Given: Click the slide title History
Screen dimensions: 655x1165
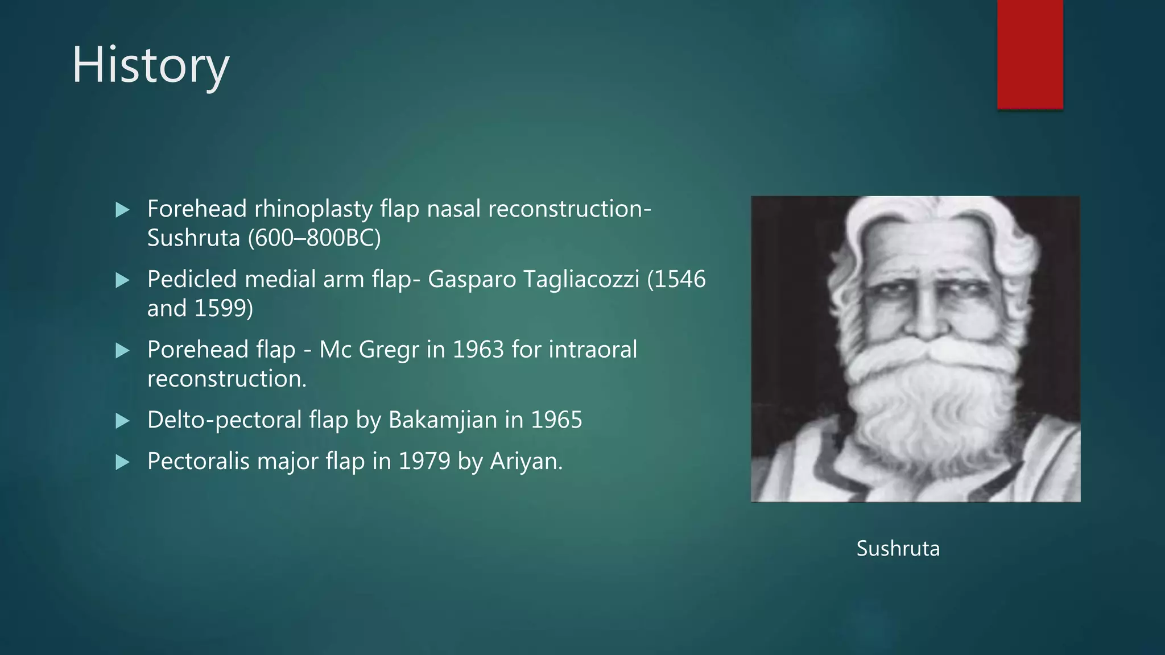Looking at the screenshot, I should (x=150, y=65).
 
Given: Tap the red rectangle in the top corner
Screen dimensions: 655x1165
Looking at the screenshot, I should (x=1030, y=54).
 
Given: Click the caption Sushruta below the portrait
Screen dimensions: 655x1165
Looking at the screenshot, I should (x=898, y=549).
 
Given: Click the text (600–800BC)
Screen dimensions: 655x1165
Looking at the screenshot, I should (x=315, y=238).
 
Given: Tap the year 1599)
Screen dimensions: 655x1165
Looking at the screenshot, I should (x=224, y=308).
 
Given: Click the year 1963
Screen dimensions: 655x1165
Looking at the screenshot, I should (x=478, y=350).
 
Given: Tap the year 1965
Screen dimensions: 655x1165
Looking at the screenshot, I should (x=556, y=420).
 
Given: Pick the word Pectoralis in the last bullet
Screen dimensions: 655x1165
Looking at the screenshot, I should (x=198, y=461).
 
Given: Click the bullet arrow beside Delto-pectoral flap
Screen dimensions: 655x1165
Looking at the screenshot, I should (x=122, y=421).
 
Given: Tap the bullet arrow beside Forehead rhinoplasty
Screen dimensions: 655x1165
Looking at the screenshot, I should (x=122, y=210).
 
